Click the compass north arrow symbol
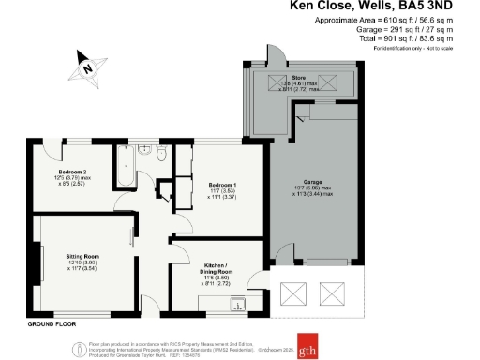click(x=86, y=67)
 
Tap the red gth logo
click(x=308, y=341)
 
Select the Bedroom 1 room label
click(x=222, y=186)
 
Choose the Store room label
click(x=299, y=77)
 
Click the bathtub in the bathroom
click(x=126, y=169)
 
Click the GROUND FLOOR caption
click(x=52, y=322)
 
